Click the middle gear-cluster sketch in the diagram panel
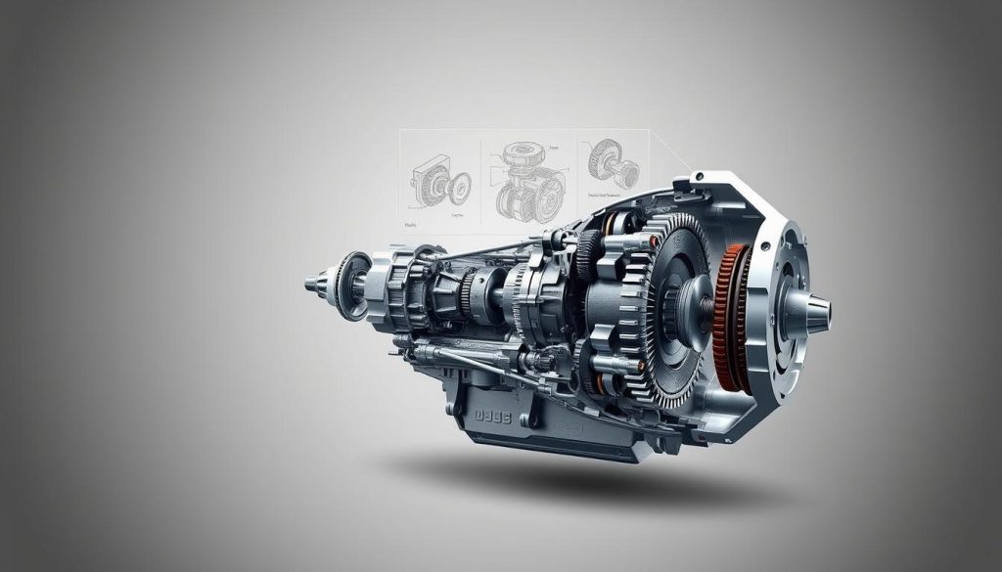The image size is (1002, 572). click(529, 181)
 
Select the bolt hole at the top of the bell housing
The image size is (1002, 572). click(697, 178)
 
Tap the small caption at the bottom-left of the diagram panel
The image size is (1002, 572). click(412, 225)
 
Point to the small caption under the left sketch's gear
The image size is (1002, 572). click(456, 212)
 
